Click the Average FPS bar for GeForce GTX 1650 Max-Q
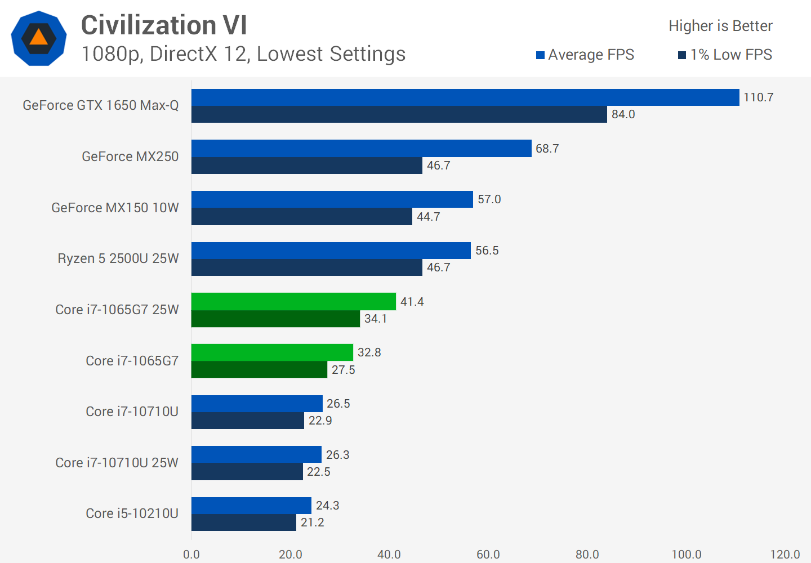(x=465, y=97)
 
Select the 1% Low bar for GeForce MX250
(x=307, y=166)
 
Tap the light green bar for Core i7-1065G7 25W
(x=293, y=302)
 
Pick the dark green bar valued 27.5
(x=259, y=370)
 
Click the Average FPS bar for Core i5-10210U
(x=251, y=506)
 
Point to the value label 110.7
(x=758, y=97)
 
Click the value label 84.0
(x=623, y=114)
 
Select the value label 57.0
(x=489, y=199)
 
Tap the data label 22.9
(x=320, y=421)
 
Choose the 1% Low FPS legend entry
(x=725, y=55)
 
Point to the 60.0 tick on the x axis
(x=488, y=555)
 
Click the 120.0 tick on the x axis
(x=785, y=555)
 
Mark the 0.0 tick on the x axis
(x=191, y=555)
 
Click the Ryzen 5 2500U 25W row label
(x=118, y=258)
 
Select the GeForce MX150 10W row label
(x=115, y=208)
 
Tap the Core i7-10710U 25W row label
(x=117, y=463)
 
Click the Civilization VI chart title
(x=164, y=25)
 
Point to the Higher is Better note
(x=720, y=26)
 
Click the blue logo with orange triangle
(x=39, y=38)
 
